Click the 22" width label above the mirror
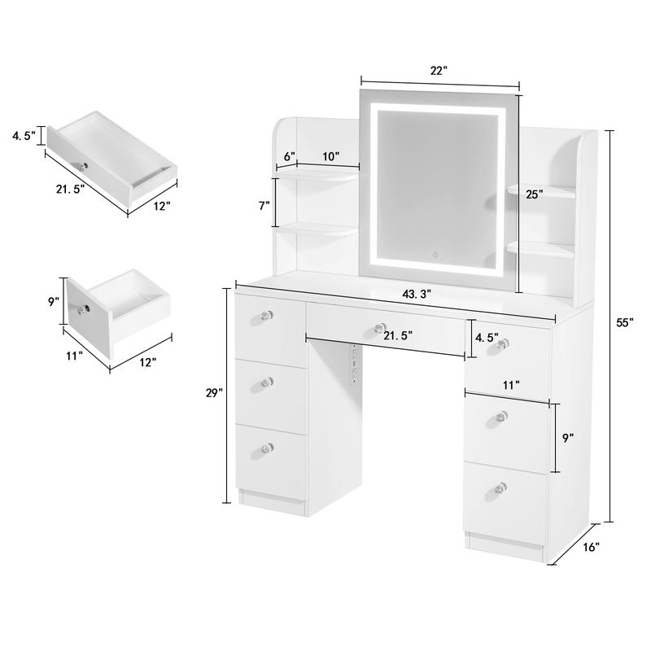click(439, 71)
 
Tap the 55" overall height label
click(624, 322)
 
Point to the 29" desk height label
click(214, 393)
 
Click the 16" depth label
click(591, 548)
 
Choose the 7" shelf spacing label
click(264, 206)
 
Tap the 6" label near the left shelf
click(288, 156)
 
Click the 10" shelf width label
click(330, 156)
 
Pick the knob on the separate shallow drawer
click(83, 167)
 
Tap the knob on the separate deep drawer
click(82, 309)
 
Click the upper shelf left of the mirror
click(317, 173)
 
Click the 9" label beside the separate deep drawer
click(54, 302)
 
